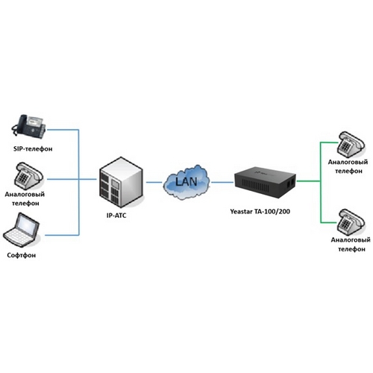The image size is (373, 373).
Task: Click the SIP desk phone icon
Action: pos(28,126)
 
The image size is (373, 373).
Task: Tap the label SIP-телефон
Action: pos(33,149)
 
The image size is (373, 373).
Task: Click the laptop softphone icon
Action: pos(22,231)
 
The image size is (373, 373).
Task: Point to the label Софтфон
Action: pos(22,255)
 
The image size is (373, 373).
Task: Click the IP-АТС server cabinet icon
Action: pos(122,182)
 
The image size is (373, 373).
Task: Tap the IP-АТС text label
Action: pos(116,216)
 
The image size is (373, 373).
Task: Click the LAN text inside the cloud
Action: pos(186,181)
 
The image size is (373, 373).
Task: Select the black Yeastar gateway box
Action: pos(266,183)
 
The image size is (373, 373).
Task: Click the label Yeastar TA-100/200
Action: pos(260,212)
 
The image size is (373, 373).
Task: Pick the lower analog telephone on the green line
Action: pos(351,222)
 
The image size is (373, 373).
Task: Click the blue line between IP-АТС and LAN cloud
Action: pos(154,182)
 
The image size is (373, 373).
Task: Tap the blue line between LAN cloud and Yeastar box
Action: pos(222,182)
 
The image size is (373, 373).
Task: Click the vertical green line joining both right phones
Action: pos(321,182)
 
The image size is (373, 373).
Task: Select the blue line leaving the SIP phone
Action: pos(63,130)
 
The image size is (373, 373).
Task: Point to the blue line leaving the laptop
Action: pos(62,235)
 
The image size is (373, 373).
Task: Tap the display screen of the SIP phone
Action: pos(35,122)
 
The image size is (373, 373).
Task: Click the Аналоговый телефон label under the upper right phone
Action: pos(348,166)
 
